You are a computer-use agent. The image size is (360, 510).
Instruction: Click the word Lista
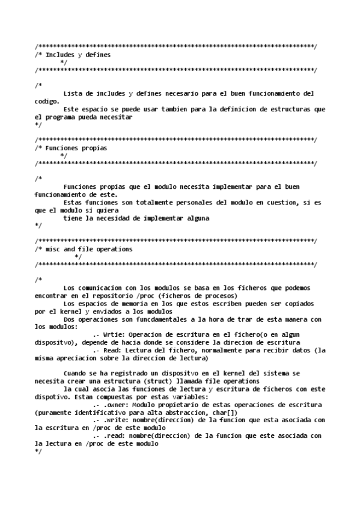(72, 93)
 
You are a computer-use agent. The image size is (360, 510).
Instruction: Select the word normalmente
(216, 349)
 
